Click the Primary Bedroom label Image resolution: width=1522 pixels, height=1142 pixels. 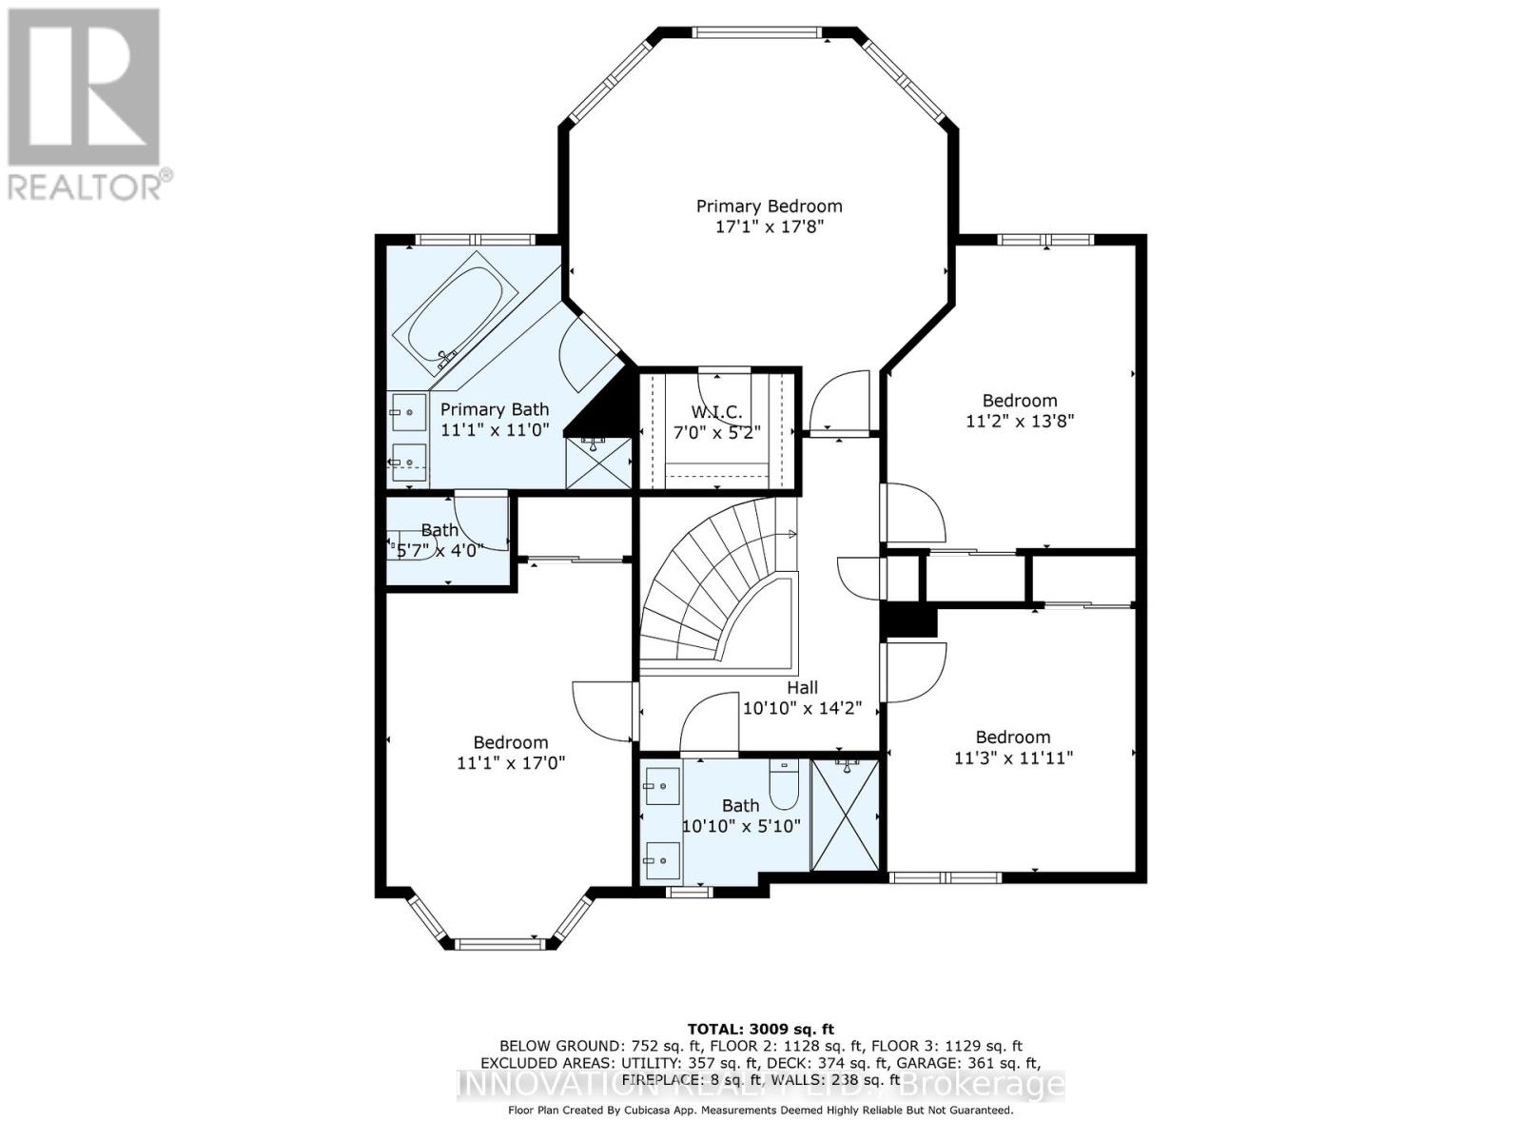(769, 207)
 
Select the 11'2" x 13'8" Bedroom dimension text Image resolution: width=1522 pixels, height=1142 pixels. (1020, 422)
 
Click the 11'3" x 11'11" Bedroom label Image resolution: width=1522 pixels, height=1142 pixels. (1013, 738)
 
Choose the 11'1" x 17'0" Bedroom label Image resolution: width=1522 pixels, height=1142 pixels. (511, 742)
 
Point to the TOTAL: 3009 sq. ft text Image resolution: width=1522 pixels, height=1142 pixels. (760, 1029)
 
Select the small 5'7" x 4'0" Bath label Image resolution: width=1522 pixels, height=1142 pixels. (439, 530)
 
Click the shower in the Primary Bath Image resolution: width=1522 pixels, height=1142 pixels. (598, 463)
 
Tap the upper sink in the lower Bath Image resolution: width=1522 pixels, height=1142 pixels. (660, 786)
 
